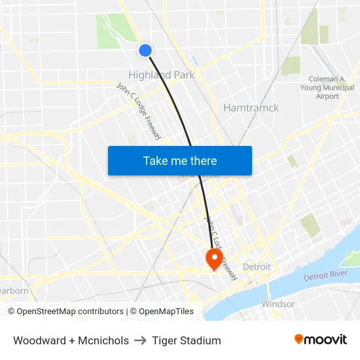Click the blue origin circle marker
coord(145,50)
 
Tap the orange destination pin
coord(214,258)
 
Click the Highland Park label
coord(161,75)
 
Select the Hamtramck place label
coord(251,108)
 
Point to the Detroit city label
coord(257,267)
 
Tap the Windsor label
coord(278,304)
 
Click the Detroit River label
coord(325,276)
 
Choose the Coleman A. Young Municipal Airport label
coord(328,87)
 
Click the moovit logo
coord(321,340)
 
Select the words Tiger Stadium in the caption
coord(187,340)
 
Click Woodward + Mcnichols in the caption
coord(71,340)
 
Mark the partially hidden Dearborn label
coord(13,291)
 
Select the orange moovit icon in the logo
coord(299,339)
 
